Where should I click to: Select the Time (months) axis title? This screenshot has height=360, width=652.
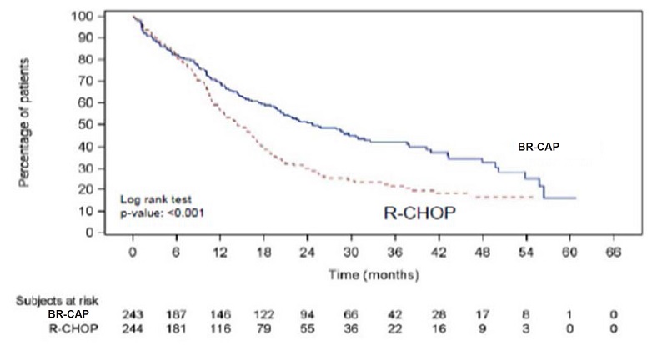pyautogui.click(x=373, y=273)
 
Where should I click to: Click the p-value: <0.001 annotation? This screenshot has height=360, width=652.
pyautogui.click(x=163, y=213)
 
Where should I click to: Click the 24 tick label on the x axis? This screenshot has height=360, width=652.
pyautogui.click(x=307, y=252)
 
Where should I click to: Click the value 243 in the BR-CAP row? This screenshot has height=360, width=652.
pyautogui.click(x=133, y=315)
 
